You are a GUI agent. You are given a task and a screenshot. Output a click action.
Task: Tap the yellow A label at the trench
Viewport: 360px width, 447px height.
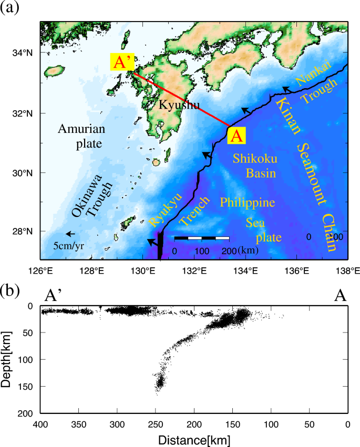point(236,136)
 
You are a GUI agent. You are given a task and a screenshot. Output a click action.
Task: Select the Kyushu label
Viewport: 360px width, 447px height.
point(179,105)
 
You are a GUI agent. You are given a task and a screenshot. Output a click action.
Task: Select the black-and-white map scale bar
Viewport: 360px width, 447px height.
point(201,238)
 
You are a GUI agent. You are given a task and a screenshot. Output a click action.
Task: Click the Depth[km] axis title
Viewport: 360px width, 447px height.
point(7,359)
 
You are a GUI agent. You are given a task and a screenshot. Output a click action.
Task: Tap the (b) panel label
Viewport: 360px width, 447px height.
point(12,289)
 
